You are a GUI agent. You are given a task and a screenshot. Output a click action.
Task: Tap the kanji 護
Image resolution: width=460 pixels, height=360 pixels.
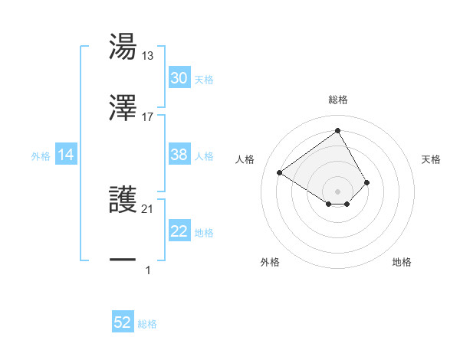[x=123, y=201]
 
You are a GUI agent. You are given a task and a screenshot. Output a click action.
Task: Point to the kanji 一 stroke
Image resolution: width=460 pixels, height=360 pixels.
[x=123, y=260]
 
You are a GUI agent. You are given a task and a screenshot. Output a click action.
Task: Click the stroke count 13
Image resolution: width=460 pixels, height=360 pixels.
[x=148, y=55]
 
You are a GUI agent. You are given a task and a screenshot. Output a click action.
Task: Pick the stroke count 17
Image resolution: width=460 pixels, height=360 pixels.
[x=148, y=116]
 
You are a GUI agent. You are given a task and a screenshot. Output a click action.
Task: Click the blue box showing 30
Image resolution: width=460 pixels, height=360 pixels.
[x=179, y=78]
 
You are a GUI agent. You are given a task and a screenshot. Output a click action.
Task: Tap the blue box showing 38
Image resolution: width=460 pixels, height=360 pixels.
[x=179, y=155]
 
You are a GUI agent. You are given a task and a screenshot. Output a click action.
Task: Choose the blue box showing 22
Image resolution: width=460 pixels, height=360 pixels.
[x=179, y=231]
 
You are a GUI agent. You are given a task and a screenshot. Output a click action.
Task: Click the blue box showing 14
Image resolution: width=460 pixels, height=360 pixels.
[x=66, y=155]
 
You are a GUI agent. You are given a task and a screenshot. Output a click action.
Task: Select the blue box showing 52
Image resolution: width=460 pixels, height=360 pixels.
[x=123, y=323]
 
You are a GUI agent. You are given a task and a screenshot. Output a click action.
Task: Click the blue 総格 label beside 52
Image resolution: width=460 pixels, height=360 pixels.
[x=147, y=324]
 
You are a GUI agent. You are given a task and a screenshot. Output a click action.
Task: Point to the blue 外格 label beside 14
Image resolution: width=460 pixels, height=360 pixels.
[x=41, y=155]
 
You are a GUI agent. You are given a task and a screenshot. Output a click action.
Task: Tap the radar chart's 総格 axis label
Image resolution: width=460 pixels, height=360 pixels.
[x=338, y=100]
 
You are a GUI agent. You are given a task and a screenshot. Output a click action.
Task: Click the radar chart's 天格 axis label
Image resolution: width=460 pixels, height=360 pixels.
[x=432, y=159]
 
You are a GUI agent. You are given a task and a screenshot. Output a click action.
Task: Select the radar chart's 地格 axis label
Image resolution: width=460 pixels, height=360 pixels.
[x=402, y=262]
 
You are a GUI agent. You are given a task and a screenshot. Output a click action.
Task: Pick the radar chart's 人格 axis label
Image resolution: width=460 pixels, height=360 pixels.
[x=245, y=159]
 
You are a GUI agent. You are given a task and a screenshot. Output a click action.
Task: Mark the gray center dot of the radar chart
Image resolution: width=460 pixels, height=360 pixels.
[x=338, y=191]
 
